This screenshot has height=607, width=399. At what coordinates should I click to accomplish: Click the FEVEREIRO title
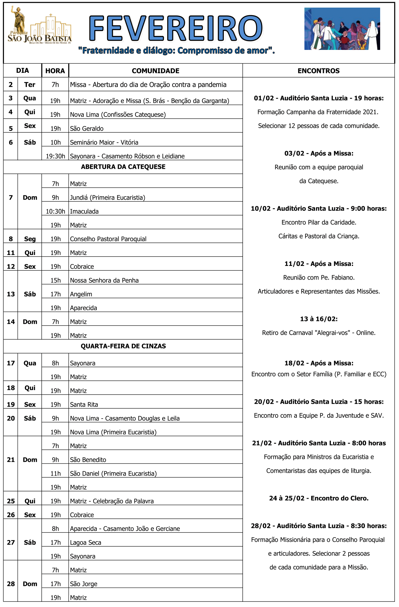coord(176,29)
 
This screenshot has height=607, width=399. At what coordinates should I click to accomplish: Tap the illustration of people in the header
coord(342,29)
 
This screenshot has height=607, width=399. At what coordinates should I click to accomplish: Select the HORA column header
coord(55,71)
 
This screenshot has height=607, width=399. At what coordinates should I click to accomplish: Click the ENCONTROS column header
coord(318,71)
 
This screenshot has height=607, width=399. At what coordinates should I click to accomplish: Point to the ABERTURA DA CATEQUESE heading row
coord(123,167)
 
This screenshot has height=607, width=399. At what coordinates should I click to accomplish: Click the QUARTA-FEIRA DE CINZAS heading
coord(123,346)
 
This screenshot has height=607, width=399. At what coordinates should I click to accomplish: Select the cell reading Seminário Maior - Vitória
coord(104,142)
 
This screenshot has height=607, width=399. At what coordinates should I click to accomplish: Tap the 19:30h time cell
coord(55,156)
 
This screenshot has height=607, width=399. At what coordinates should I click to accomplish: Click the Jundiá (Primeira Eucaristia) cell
coord(108,197)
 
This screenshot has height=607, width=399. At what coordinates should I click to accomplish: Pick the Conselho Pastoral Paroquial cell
coord(108,239)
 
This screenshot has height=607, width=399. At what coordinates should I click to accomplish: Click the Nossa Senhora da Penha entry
coord(104,280)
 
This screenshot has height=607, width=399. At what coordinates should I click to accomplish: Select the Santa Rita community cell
coord(84,404)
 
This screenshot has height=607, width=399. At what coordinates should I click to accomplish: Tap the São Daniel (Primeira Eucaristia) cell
coord(113,473)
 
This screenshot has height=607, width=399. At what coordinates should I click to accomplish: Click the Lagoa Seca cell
coord(85,542)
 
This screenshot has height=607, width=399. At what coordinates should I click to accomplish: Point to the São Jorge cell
coord(84,584)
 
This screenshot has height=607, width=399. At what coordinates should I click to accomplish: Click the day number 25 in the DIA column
coord(11,501)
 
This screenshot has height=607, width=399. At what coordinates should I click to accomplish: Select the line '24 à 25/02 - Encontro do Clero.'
coord(319,498)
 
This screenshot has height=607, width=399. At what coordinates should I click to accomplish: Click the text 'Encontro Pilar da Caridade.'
coord(319,222)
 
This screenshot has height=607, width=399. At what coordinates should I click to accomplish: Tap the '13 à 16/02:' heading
coord(319,319)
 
